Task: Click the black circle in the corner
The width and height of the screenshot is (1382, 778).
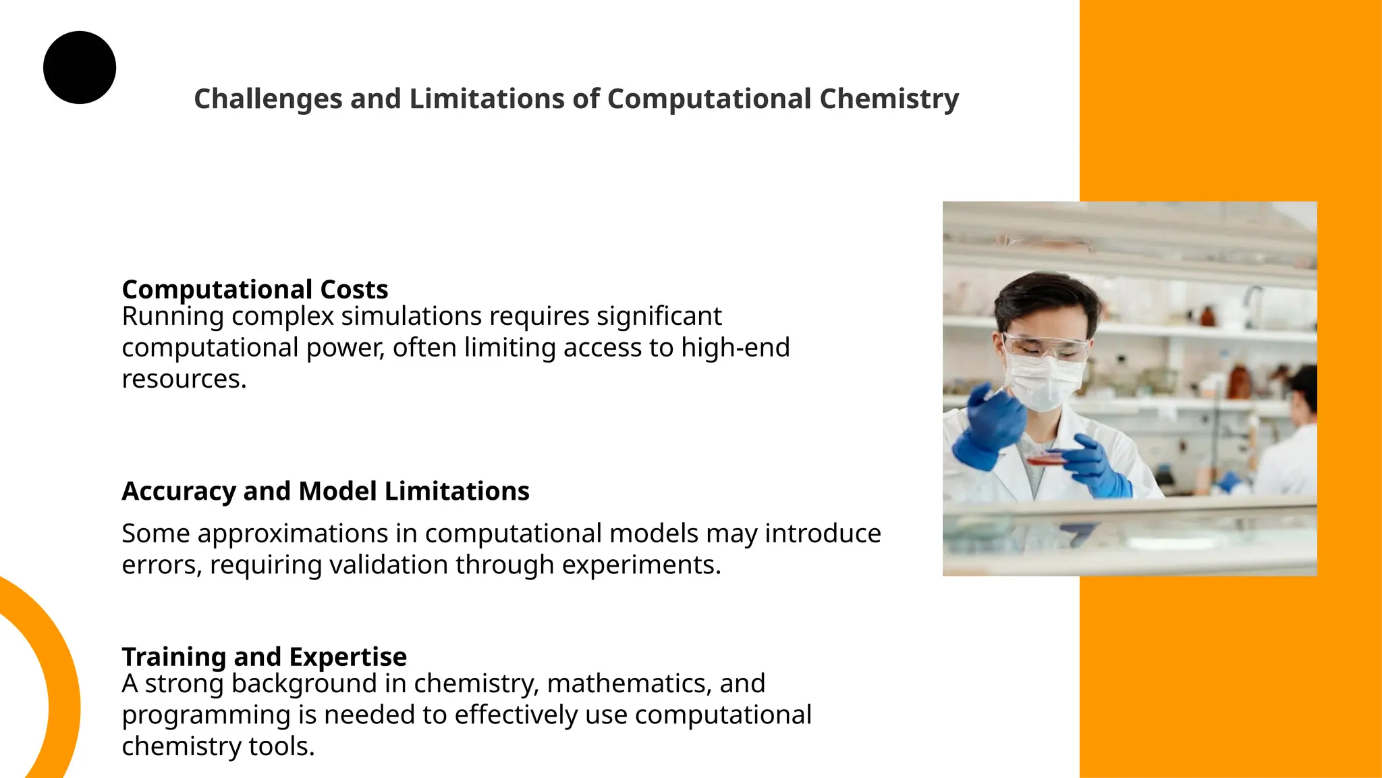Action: tap(80, 68)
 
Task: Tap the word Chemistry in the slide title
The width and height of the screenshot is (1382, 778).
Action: tap(889, 99)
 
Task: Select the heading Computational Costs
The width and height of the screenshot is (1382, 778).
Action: tap(254, 289)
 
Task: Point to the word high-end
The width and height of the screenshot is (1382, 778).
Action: tap(735, 348)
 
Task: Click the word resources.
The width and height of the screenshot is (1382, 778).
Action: tap(184, 380)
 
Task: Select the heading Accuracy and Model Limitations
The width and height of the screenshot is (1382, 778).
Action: tap(325, 491)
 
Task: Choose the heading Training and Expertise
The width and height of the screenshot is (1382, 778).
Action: tap(264, 656)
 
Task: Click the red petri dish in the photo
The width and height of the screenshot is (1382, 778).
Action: tap(1045, 459)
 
